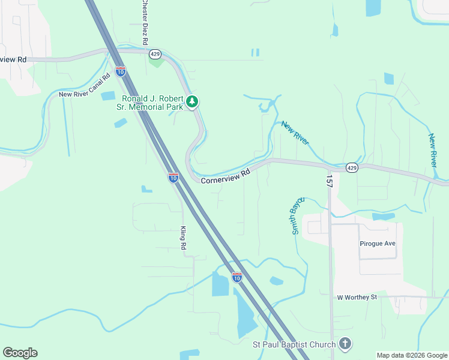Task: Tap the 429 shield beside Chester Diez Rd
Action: [154, 53]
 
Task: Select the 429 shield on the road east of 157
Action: [352, 168]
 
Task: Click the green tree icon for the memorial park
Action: [192, 102]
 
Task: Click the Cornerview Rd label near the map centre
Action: [224, 176]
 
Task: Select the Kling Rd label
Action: [184, 238]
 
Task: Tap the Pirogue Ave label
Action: [378, 244]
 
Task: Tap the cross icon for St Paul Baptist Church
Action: [345, 344]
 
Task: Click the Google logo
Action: [20, 353]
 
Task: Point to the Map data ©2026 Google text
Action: [412, 355]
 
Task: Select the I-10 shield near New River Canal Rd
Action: [121, 71]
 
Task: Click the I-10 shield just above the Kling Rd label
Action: [173, 178]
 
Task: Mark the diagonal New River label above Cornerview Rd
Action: [295, 133]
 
